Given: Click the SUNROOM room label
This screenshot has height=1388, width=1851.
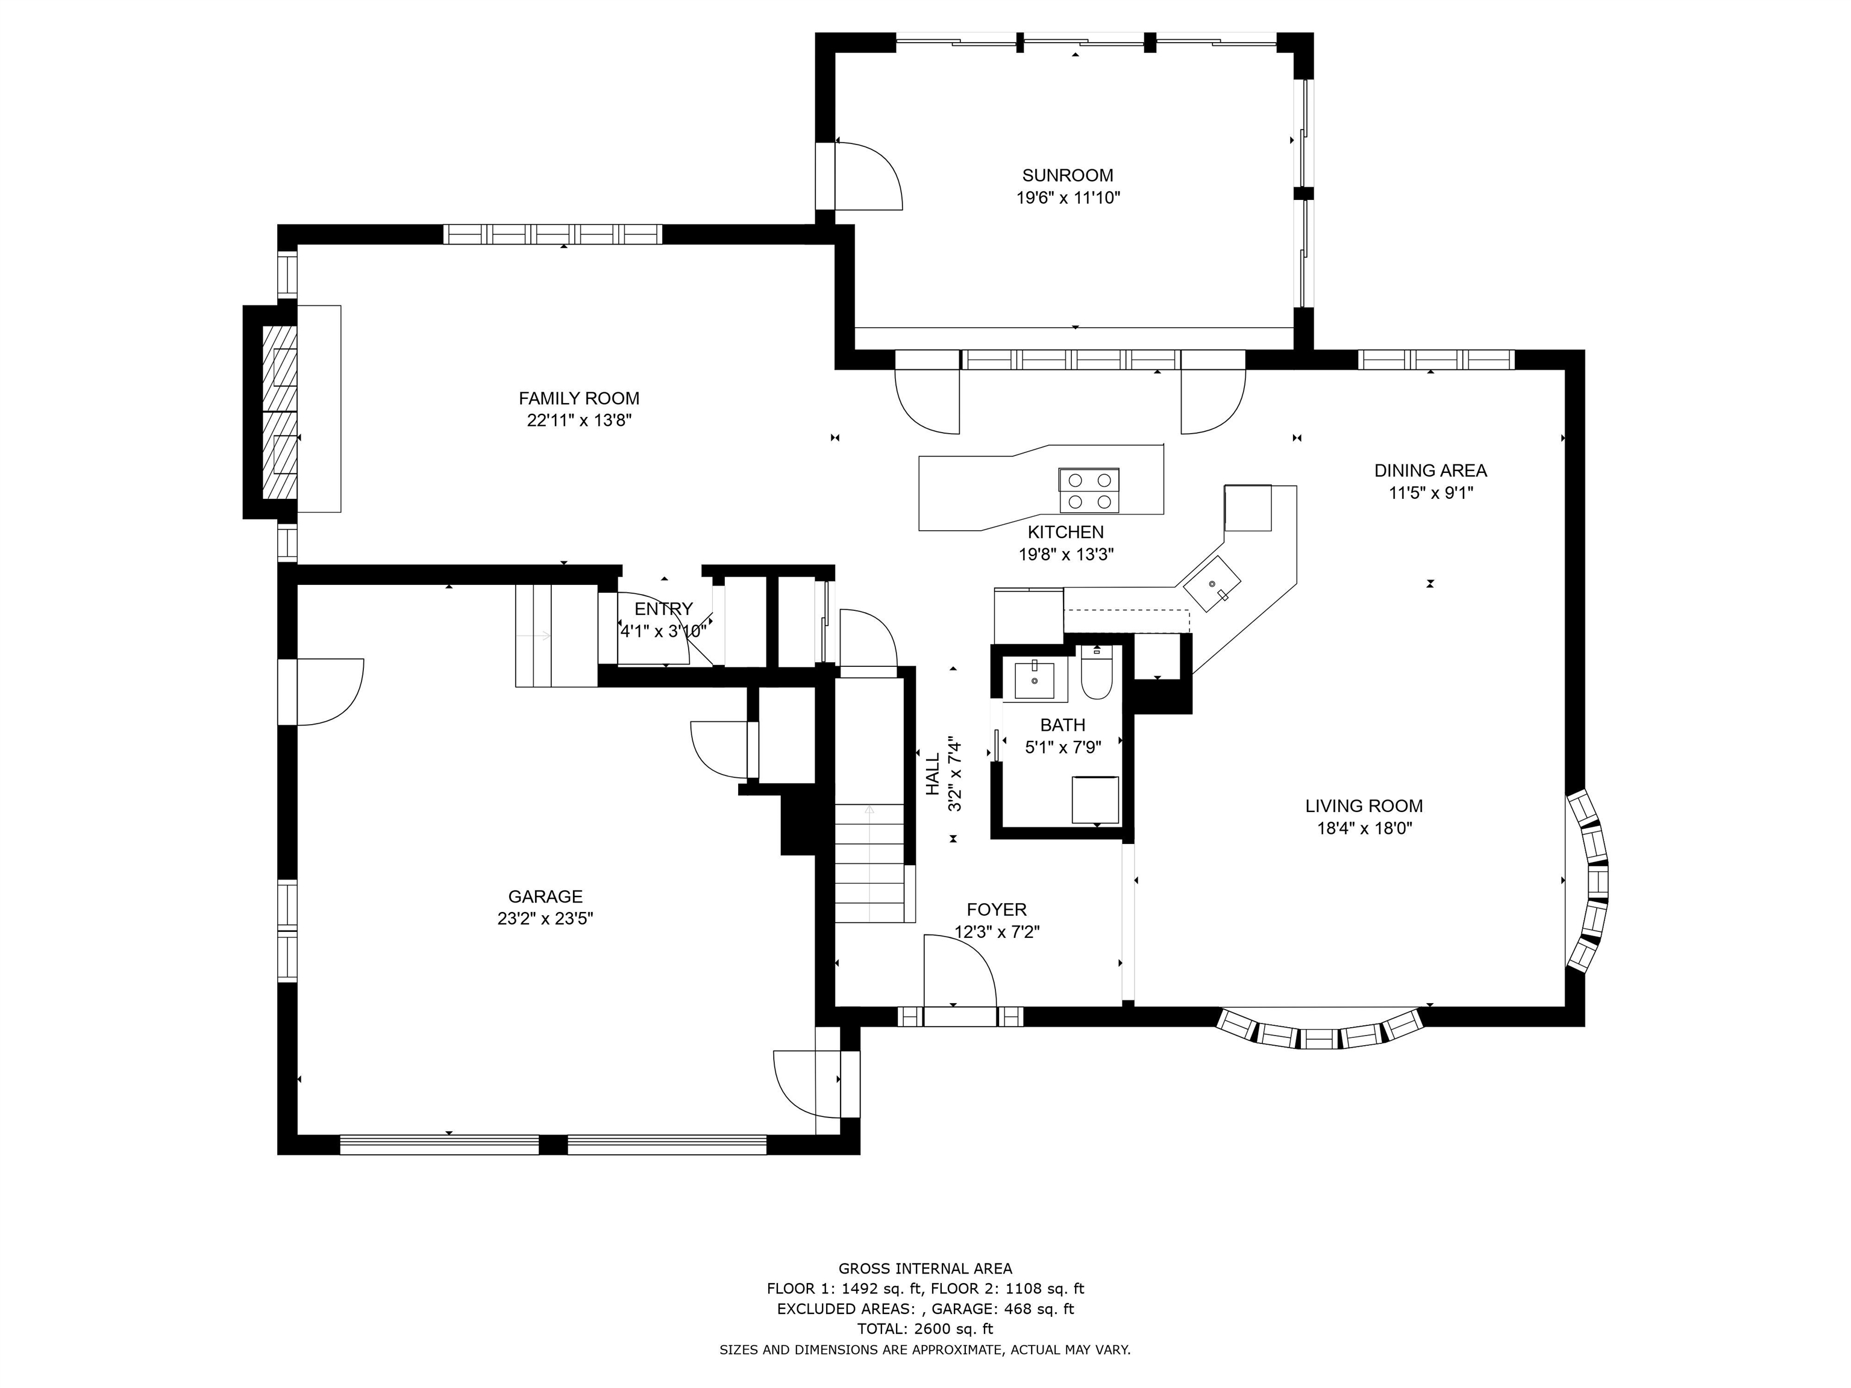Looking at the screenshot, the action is coord(1068,176).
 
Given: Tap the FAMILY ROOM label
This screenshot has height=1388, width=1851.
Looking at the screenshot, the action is coord(579,399).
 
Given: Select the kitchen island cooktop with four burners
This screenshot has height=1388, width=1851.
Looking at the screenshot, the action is coord(1089,491).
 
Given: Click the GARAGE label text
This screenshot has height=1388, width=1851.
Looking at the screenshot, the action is coord(545,897).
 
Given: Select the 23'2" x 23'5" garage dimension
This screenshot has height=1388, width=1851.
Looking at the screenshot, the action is coord(545,919).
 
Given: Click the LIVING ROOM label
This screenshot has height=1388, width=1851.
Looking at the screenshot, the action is coord(1364,807).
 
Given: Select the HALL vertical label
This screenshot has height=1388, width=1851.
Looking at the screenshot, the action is coord(933,775).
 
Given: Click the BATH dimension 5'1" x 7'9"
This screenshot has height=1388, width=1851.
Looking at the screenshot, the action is coord(1063,748).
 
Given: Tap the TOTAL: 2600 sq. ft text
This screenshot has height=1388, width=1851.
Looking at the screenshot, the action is coord(925,1328).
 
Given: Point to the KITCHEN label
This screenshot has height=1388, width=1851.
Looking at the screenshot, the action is coord(1066,532).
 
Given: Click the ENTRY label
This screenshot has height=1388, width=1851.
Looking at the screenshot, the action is coord(663,609).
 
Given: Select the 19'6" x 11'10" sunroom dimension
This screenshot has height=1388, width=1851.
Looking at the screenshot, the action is coord(1068,198).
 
